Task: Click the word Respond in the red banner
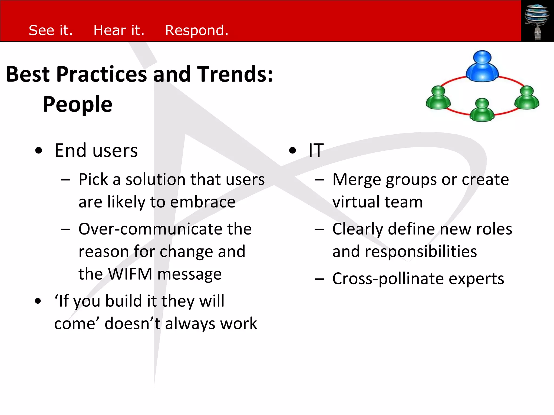point(197,31)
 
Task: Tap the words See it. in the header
point(51,30)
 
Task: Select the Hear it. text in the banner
point(119,30)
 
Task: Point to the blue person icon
point(482,66)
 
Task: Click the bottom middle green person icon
point(482,110)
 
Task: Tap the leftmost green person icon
point(438,98)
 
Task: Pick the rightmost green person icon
point(526,98)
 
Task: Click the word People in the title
point(78,104)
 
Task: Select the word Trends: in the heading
point(235,74)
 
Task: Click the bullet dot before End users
point(39,151)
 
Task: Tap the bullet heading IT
point(316,150)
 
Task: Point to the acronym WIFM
point(130,274)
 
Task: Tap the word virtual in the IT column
point(356,202)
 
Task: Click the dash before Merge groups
point(319,180)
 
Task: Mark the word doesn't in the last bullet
point(133,324)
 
